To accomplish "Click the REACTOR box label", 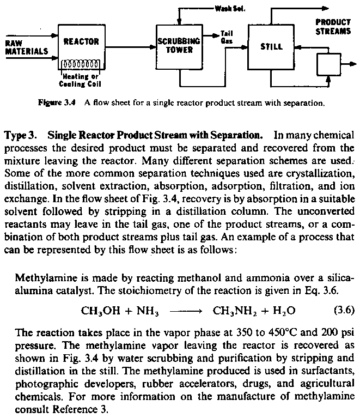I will pos(81,41).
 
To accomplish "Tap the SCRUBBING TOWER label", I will pos(179,45).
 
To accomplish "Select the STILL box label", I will pos(272,47).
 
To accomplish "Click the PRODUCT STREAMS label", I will pos(333,27).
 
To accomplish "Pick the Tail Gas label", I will pos(227,37).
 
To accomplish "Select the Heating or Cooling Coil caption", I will pos(80,81).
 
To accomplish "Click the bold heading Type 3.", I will pos(21,135).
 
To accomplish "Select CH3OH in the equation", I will pos(100,311).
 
